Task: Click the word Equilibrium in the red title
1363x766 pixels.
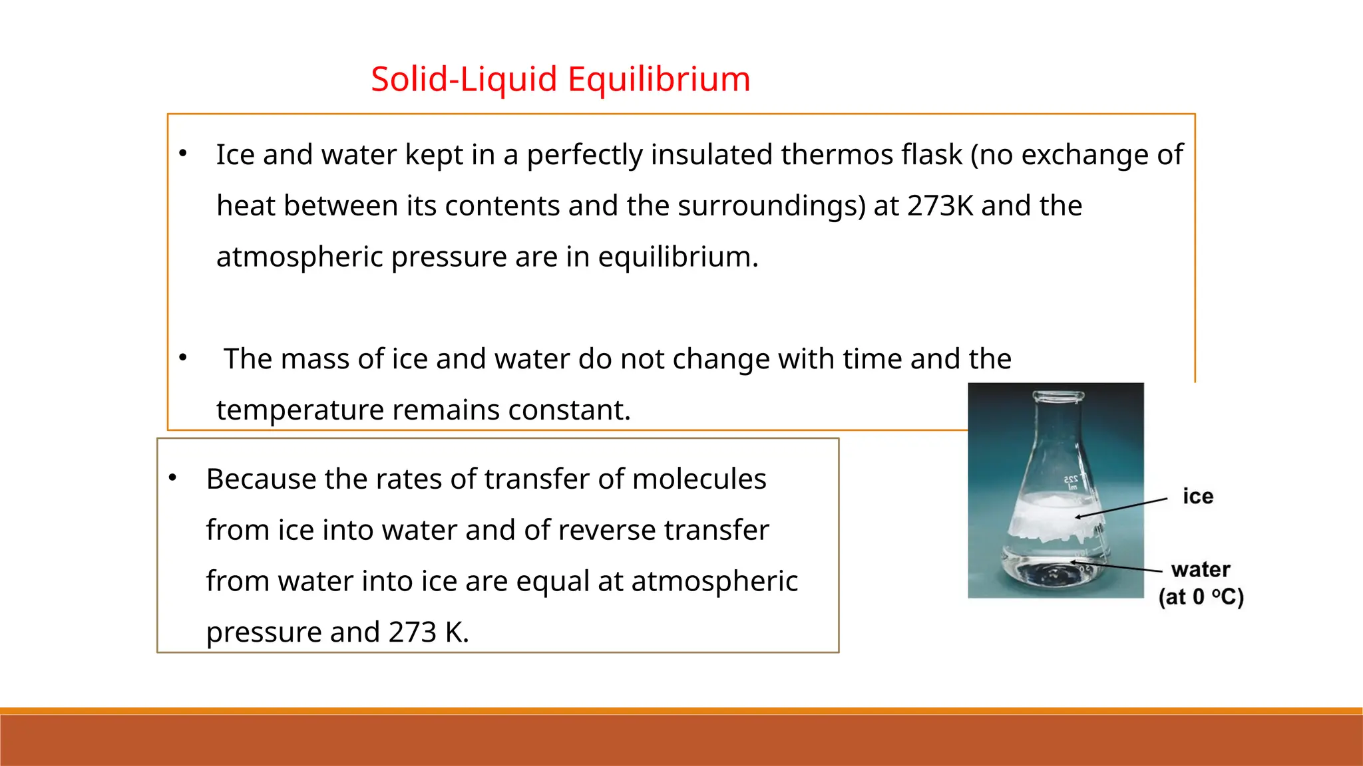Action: [659, 79]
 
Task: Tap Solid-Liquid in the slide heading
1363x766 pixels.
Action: [464, 79]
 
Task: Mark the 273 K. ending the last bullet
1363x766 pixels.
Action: [429, 632]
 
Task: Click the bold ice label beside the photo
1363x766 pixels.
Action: [1198, 497]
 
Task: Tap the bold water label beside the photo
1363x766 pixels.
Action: [1201, 570]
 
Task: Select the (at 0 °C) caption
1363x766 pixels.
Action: [1201, 596]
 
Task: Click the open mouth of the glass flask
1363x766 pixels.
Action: [1056, 397]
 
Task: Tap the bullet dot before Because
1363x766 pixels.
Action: [172, 478]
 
